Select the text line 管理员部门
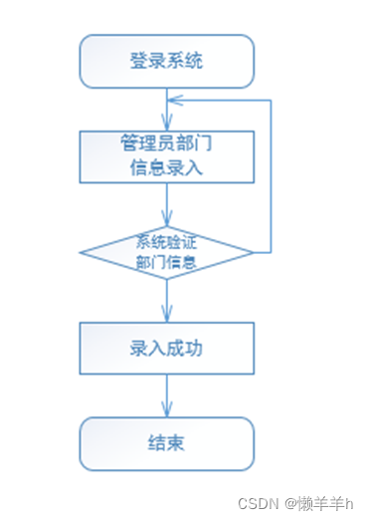click(x=166, y=143)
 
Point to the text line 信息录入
click(x=166, y=167)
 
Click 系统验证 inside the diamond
click(x=166, y=241)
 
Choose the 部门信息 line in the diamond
click(x=166, y=263)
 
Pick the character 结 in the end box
click(x=155, y=442)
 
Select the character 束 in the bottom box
click(x=178, y=442)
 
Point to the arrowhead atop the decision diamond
click(x=166, y=221)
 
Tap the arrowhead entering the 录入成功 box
click(x=166, y=316)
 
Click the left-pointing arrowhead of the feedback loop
click(x=173, y=102)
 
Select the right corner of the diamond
click(x=253, y=252)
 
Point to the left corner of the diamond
click(x=81, y=252)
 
